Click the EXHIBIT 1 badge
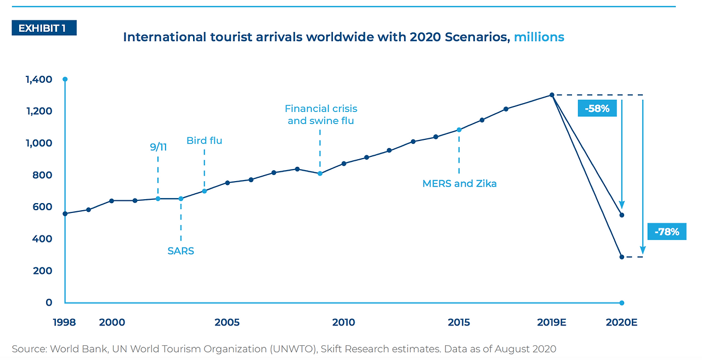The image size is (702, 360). click(x=44, y=28)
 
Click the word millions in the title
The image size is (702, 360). click(x=539, y=37)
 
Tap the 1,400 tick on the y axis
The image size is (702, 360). click(x=39, y=80)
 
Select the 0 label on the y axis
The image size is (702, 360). click(x=49, y=302)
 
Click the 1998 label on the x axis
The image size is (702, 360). click(x=64, y=322)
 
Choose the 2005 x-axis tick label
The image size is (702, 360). click(x=227, y=322)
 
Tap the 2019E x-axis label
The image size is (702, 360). click(x=551, y=322)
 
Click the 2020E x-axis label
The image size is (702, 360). click(x=621, y=322)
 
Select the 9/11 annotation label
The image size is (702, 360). click(x=158, y=147)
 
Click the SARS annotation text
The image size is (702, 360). click(x=181, y=251)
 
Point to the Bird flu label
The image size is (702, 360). click(x=204, y=140)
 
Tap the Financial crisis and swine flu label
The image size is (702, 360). click(x=321, y=115)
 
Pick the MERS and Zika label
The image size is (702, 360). click(x=460, y=184)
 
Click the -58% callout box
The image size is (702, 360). click(x=597, y=109)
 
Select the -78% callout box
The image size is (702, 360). click(x=666, y=232)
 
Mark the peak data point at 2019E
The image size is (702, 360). click(x=552, y=95)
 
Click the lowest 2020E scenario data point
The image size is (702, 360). click(x=622, y=257)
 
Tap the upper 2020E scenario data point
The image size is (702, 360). click(x=622, y=215)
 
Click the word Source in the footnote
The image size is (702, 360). click(x=29, y=349)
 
